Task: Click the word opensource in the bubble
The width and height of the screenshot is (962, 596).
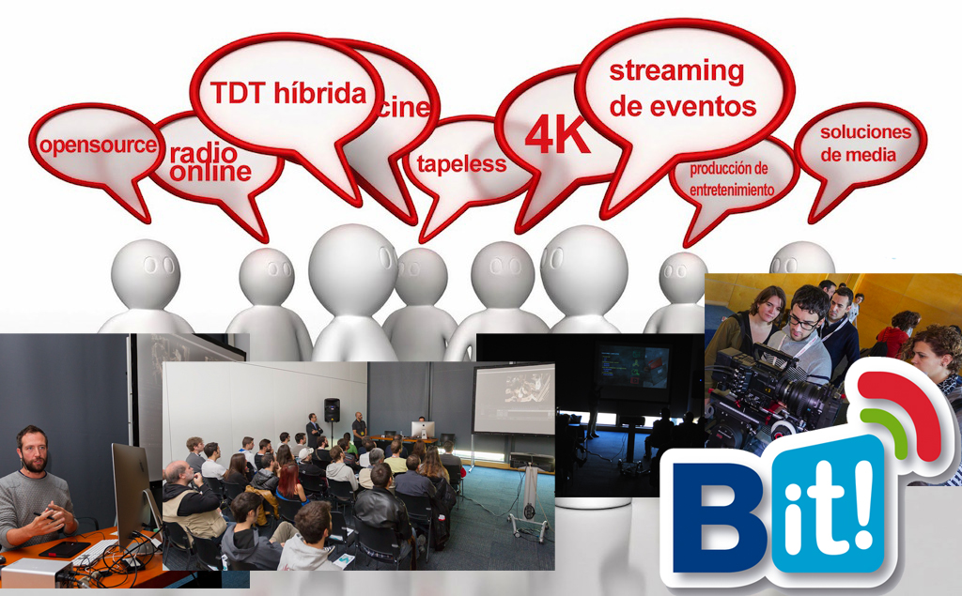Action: [x=98, y=145]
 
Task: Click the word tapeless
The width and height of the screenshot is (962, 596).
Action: [x=461, y=164]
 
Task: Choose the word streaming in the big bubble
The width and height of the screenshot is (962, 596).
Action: [x=676, y=72]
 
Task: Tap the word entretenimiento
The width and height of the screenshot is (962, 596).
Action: [x=731, y=191]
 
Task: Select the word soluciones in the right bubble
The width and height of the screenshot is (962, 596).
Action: [x=865, y=131]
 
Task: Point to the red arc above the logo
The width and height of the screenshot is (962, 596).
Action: [x=905, y=404]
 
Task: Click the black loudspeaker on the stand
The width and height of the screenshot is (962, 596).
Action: [x=332, y=410]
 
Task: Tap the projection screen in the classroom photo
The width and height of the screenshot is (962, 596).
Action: [x=514, y=399]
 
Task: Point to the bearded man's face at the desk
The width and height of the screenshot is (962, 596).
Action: [x=34, y=452]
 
